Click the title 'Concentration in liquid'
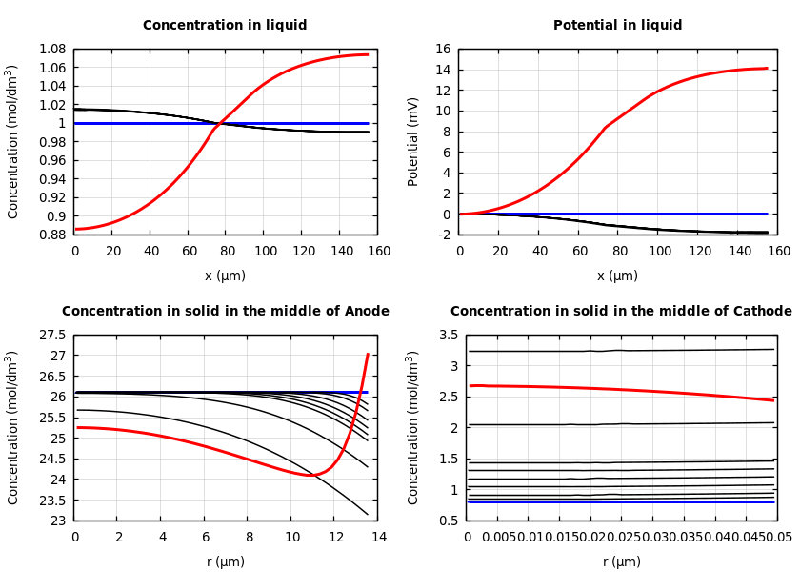pyautogui.click(x=225, y=26)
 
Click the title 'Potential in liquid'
pyautogui.click(x=617, y=26)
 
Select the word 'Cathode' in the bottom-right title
pyautogui.click(x=765, y=312)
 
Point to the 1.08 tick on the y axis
pyautogui.click(x=51, y=49)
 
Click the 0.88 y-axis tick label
pyautogui.click(x=51, y=235)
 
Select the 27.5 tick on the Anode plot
pyautogui.click(x=51, y=335)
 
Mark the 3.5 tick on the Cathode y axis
pyautogui.click(x=449, y=335)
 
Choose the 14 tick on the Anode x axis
pyautogui.click(x=378, y=538)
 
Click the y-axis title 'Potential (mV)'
pyautogui.click(x=413, y=141)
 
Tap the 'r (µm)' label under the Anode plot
pyautogui.click(x=225, y=562)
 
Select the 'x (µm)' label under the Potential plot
pyautogui.click(x=617, y=276)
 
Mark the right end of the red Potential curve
pyautogui.click(x=767, y=68)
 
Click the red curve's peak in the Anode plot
pyautogui.click(x=368, y=355)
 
